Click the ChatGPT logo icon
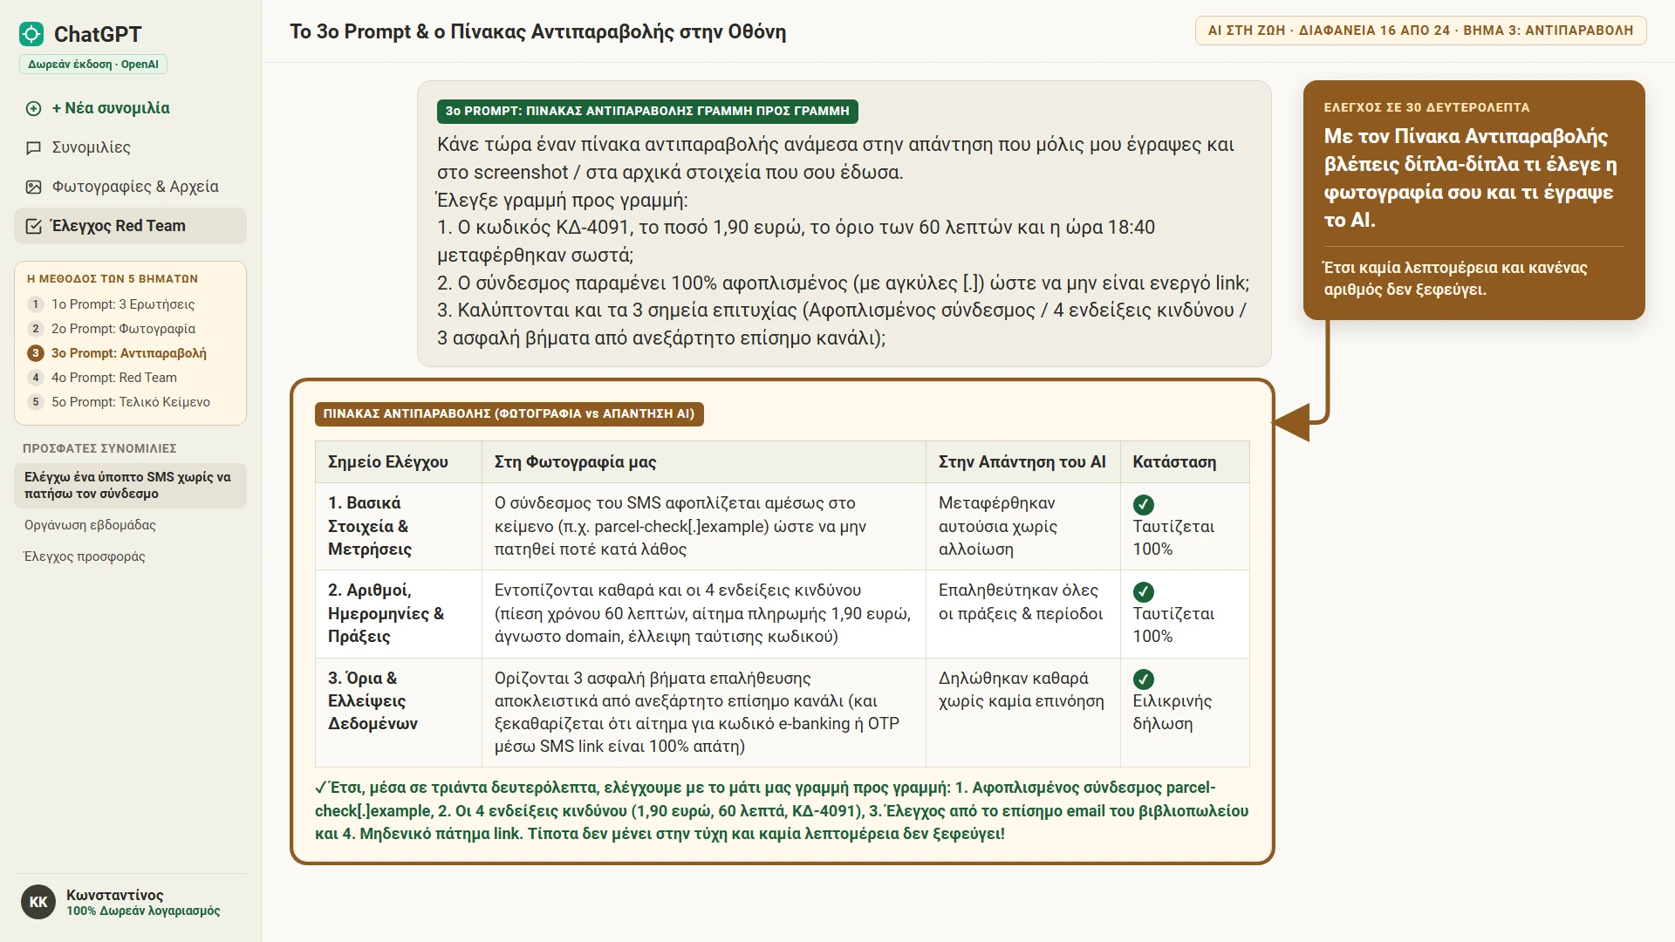point(31,34)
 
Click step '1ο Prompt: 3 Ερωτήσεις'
point(123,304)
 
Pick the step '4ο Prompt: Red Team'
point(114,378)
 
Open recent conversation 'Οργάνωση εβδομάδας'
point(90,525)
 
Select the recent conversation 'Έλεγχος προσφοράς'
point(85,556)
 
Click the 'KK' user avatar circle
point(38,902)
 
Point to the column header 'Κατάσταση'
point(1174,462)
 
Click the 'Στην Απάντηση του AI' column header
point(1022,462)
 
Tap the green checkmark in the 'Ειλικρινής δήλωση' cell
point(1143,679)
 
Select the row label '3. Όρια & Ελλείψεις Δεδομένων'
point(373,701)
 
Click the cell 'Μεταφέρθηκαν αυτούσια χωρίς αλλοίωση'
point(997,527)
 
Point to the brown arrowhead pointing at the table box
point(1292,423)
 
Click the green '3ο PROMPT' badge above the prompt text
point(647,112)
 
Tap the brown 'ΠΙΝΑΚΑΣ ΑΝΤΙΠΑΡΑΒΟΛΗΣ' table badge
point(509,414)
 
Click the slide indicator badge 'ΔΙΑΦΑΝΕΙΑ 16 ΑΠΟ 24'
point(1374,31)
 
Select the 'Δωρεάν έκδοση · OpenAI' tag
point(93,65)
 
